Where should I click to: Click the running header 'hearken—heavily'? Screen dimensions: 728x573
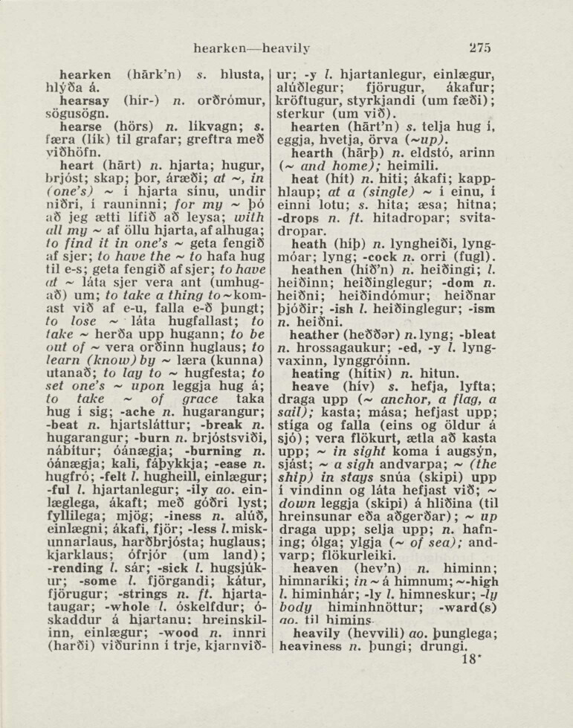[251, 48]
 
